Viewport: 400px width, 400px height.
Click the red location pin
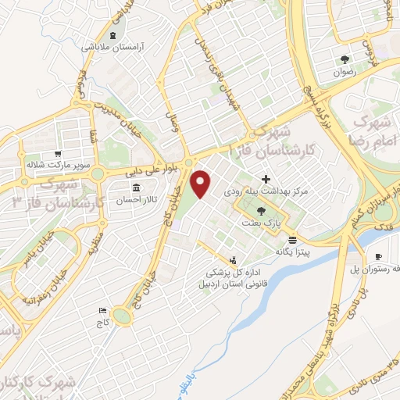click(x=201, y=182)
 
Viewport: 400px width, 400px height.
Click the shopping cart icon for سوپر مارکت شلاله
click(x=58, y=154)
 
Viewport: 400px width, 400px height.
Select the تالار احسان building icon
click(x=137, y=188)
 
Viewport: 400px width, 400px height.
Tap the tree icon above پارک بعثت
click(x=260, y=211)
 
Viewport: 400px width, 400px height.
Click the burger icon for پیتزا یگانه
click(x=292, y=240)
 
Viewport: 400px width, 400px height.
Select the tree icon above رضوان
click(x=343, y=59)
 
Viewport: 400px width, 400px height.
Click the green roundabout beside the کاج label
click(x=121, y=316)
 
